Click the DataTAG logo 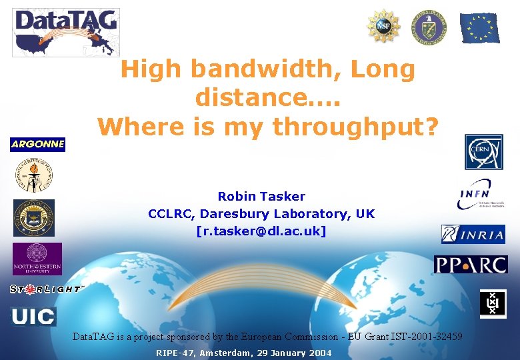(x=65, y=32)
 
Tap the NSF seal (x=383, y=26)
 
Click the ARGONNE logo (x=37, y=145)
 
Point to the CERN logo (x=484, y=152)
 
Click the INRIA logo (x=473, y=234)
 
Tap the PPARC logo (x=471, y=264)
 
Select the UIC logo (x=33, y=316)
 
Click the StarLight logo (x=46, y=289)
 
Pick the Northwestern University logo (x=37, y=259)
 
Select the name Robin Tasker (x=261, y=197)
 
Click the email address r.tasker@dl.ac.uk (x=261, y=232)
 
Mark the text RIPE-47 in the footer (x=175, y=353)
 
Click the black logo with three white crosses (x=493, y=304)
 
